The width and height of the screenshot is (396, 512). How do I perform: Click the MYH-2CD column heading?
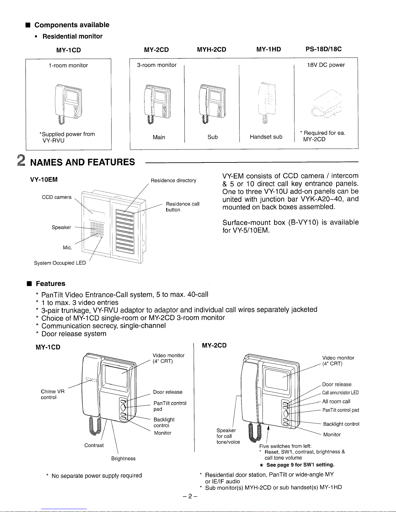(x=211, y=49)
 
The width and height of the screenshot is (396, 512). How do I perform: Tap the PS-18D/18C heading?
(x=324, y=49)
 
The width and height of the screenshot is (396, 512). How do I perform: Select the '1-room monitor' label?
(x=68, y=65)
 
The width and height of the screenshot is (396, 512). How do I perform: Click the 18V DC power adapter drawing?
(x=326, y=103)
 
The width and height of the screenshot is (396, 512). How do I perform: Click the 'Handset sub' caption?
(x=266, y=137)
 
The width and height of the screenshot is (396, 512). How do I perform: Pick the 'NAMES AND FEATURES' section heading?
(x=82, y=162)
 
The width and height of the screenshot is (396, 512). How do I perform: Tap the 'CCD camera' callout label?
(x=57, y=197)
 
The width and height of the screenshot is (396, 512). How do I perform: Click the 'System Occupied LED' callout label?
(x=60, y=263)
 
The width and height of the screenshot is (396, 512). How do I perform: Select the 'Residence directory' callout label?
(x=173, y=180)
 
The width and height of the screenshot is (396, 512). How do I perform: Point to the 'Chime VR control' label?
(x=53, y=394)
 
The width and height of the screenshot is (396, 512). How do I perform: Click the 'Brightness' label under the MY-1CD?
(x=123, y=458)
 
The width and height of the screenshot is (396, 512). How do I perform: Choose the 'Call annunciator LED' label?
(x=340, y=393)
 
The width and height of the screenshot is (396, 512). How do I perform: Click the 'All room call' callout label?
(x=336, y=402)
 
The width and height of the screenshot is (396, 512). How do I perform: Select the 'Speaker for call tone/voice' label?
(x=228, y=436)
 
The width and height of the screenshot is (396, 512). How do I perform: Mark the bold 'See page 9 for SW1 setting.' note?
(x=300, y=465)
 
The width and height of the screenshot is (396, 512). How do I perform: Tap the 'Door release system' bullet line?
(x=74, y=334)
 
